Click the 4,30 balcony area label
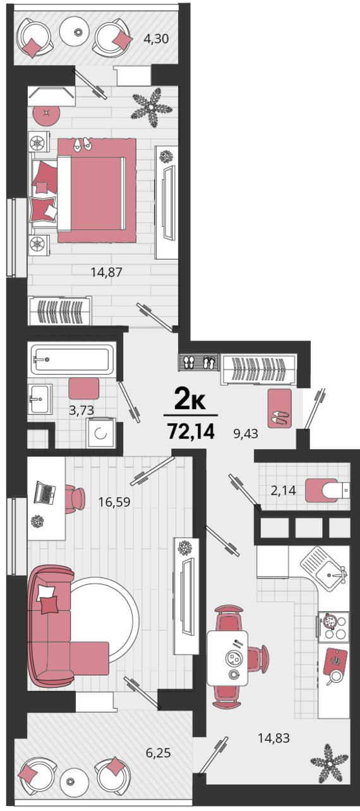click(156, 39)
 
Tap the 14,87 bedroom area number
click(106, 272)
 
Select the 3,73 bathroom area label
click(81, 410)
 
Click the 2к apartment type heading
click(190, 399)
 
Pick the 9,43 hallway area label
click(246, 433)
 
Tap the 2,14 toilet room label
click(283, 491)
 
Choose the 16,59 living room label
click(114, 502)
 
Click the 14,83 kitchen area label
click(274, 738)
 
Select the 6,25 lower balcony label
click(158, 753)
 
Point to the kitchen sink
click(323, 568)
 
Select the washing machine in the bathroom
click(100, 433)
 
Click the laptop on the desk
click(45, 493)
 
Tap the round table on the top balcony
click(75, 32)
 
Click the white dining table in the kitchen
click(227, 659)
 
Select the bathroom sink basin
click(40, 399)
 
